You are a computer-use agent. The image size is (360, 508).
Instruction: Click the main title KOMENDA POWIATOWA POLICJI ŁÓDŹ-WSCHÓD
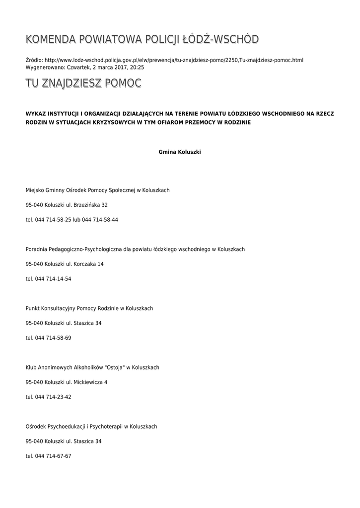coord(142,40)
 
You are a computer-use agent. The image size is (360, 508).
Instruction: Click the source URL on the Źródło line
coord(174,60)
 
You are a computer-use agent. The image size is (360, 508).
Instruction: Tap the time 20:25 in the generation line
coord(137,66)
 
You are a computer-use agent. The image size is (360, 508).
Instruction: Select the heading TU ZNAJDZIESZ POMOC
coord(83,83)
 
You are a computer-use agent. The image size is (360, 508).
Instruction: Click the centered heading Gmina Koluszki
coord(180,152)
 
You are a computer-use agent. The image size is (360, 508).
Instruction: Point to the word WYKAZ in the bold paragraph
coord(36,114)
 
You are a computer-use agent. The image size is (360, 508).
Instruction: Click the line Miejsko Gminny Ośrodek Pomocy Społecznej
coord(97,190)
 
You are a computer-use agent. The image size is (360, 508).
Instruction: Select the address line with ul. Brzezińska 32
coord(67,205)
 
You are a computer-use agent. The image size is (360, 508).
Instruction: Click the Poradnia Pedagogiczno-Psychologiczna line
coord(135,249)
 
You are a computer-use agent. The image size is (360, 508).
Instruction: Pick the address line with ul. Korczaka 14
coord(65,264)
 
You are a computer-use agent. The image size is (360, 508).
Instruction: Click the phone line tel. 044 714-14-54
coord(48,279)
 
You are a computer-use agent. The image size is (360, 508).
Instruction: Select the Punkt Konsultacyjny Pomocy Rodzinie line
coord(89,308)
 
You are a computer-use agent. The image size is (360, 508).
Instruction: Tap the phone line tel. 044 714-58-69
coord(48,338)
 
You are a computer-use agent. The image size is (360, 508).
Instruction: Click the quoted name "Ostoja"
coord(115,367)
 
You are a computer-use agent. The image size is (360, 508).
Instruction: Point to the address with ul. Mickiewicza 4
coord(67,382)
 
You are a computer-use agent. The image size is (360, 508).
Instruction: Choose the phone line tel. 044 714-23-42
coord(48,397)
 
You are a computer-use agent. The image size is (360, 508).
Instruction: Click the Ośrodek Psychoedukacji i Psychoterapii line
coord(91,426)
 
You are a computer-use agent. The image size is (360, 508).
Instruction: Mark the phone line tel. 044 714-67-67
coord(48,456)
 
